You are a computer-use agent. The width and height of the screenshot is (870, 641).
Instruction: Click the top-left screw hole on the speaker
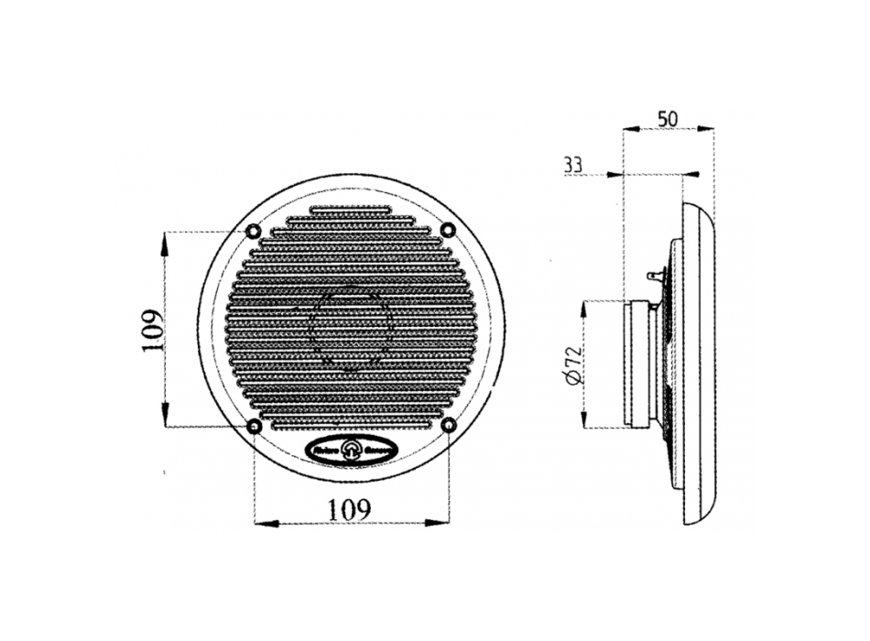point(254,229)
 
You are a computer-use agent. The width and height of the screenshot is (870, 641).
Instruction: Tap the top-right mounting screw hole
point(448,229)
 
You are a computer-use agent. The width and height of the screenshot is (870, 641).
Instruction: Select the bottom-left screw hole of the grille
point(254,426)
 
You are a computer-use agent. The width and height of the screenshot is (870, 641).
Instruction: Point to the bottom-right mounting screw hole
point(448,425)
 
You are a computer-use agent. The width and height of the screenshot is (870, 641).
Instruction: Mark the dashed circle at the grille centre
point(351,327)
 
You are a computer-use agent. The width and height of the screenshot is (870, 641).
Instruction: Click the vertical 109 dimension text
point(153,331)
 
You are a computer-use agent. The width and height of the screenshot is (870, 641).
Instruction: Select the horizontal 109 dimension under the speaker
point(351,508)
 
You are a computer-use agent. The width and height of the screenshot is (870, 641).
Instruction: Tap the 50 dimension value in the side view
point(669,118)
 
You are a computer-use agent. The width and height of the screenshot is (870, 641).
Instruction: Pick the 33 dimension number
point(573,165)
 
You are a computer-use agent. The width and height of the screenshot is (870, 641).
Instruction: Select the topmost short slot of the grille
point(351,210)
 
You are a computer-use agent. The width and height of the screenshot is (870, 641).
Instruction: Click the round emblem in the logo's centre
point(352,449)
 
